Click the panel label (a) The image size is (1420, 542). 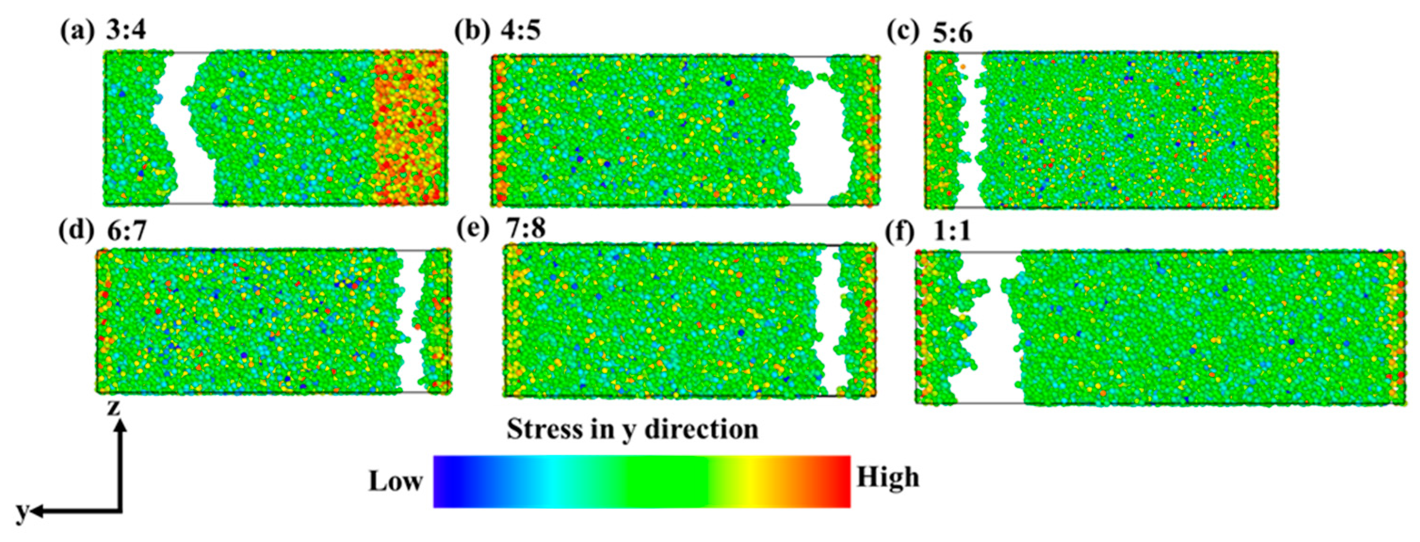coord(77,30)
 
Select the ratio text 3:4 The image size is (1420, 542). coord(126,30)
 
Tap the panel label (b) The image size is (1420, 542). coord(472,30)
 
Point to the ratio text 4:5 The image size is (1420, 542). coord(520,30)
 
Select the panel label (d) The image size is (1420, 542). coord(76,230)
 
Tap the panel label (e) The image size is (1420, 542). coord(474,229)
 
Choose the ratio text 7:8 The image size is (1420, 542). coord(526,229)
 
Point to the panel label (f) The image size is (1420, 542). coord(902,231)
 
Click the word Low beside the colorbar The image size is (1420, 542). coord(395,482)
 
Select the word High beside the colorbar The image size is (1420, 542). coord(887,478)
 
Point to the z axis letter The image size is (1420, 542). coord(114,408)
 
